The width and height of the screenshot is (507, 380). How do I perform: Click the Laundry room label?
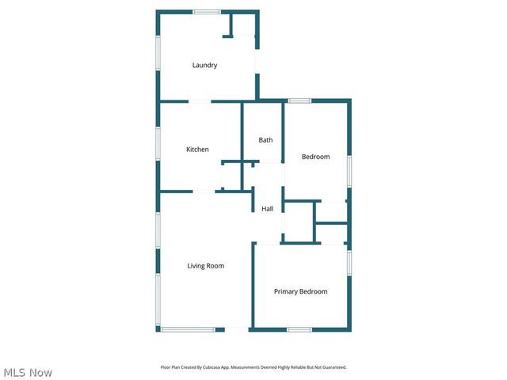click(204, 65)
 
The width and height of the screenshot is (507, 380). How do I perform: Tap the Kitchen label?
click(197, 150)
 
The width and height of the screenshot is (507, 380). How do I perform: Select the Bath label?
click(265, 140)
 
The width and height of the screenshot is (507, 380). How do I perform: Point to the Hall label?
click(268, 209)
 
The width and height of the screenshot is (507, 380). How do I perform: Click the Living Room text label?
click(205, 266)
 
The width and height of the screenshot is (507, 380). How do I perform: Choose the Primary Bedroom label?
click(300, 291)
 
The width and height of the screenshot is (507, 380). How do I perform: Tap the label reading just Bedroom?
click(315, 157)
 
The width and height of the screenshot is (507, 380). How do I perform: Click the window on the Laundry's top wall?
click(207, 12)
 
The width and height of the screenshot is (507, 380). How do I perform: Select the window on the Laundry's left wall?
click(158, 55)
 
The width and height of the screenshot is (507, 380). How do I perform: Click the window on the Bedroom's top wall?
click(299, 101)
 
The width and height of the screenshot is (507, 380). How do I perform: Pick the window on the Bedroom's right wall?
click(349, 169)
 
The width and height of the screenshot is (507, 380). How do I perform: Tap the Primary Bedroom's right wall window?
click(349, 261)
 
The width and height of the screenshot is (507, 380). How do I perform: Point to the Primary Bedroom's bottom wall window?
click(299, 329)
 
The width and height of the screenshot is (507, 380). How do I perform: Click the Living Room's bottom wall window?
click(188, 329)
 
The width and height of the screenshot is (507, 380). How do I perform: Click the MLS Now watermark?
click(28, 372)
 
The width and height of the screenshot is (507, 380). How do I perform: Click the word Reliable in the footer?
click(297, 367)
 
